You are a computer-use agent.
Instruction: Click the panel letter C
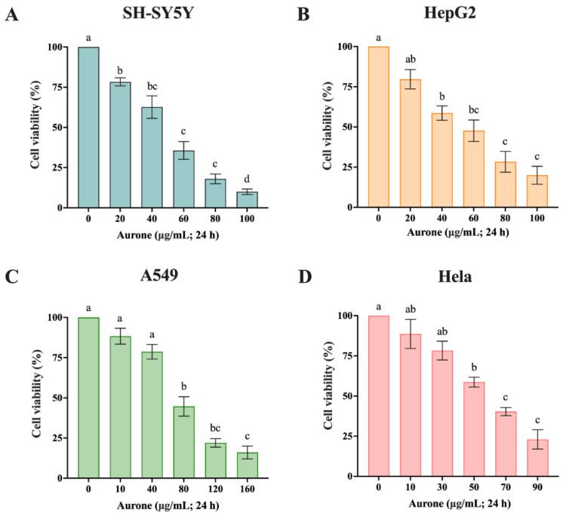pyautogui.click(x=12, y=284)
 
